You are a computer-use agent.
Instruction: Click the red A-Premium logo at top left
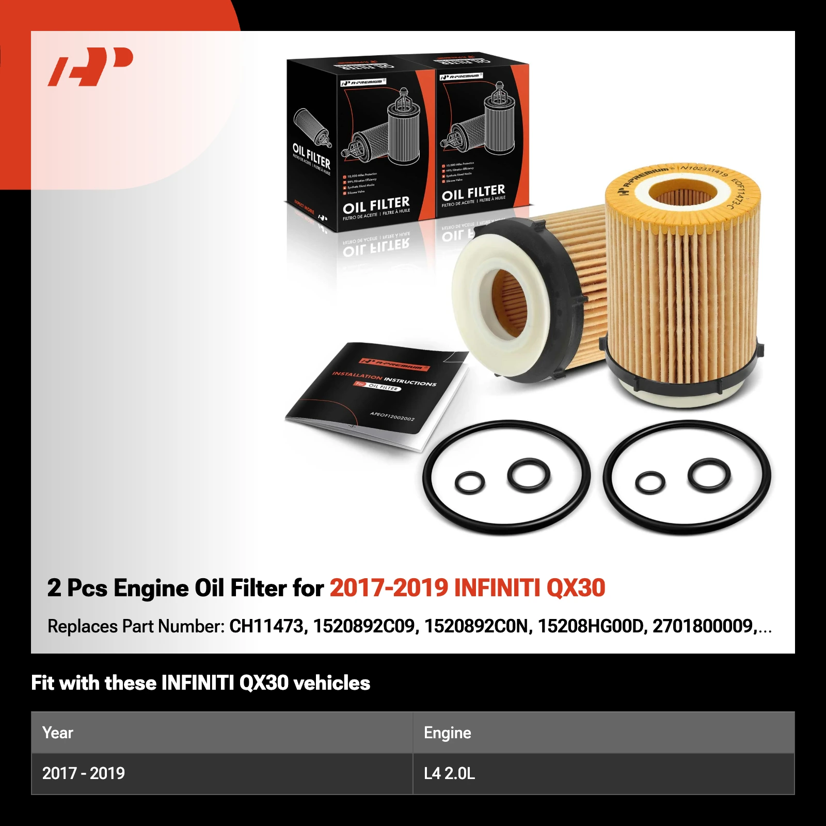point(90,66)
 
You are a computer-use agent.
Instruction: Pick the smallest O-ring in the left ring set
point(470,483)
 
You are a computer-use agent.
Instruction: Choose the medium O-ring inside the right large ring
point(709,475)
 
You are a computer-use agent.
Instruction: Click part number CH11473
point(267,626)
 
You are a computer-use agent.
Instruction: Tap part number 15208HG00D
point(591,626)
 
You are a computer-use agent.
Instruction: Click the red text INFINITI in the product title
point(497,588)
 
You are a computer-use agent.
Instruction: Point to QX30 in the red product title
point(576,588)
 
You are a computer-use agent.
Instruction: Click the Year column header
point(58,733)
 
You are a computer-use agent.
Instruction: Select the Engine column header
point(447,733)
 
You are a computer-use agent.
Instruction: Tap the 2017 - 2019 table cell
point(84,773)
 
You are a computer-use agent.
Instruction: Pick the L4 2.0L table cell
point(449,773)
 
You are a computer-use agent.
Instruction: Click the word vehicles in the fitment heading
point(331,683)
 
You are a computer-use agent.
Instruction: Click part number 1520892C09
point(364,626)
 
